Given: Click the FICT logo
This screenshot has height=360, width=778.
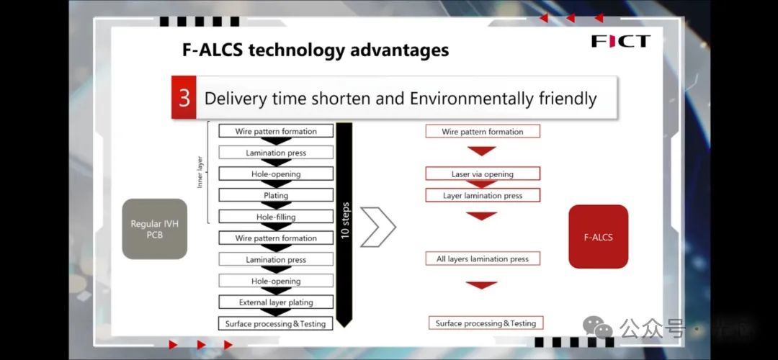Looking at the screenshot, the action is [x=620, y=41].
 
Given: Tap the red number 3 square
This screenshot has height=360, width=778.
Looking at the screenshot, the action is [x=184, y=98].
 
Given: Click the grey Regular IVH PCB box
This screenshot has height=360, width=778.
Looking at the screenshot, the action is [x=155, y=229].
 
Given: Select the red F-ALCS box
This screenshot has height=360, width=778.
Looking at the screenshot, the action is [x=598, y=236].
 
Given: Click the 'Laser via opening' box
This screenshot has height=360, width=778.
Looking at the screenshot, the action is [x=483, y=174].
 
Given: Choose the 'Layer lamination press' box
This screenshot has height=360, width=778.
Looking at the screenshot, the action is [x=483, y=195].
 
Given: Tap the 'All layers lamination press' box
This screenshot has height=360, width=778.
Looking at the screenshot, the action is [x=483, y=258].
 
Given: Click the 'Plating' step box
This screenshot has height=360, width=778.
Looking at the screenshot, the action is [x=276, y=195].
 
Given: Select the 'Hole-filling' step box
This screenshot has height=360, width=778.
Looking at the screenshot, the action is [x=276, y=217].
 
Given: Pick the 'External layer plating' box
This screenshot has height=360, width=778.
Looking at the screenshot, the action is [x=276, y=302].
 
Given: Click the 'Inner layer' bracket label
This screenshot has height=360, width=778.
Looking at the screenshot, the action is [x=200, y=173].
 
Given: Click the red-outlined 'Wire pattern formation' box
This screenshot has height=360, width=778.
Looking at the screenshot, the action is [x=483, y=132].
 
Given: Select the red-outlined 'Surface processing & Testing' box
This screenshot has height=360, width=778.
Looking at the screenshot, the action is [x=486, y=323].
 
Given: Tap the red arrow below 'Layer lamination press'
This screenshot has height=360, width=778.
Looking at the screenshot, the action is [x=481, y=216].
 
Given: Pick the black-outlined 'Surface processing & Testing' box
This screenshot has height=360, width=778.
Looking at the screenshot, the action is [x=276, y=324].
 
